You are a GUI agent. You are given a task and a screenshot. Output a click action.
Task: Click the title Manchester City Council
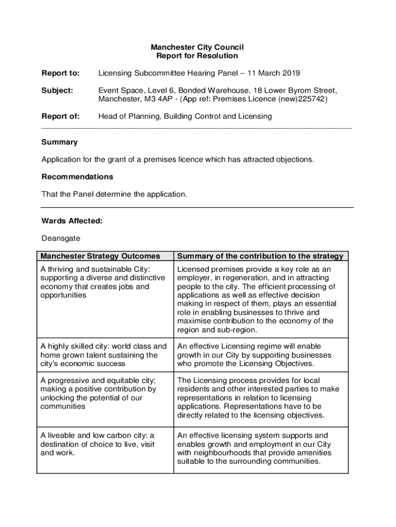click(x=197, y=47)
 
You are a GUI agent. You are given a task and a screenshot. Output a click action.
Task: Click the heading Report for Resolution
click(x=197, y=56)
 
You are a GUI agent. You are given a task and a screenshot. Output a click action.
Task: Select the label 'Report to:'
click(x=61, y=73)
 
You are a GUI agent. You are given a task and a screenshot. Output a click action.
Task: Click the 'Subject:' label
click(x=58, y=91)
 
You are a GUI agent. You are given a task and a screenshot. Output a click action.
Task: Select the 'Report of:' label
click(x=61, y=116)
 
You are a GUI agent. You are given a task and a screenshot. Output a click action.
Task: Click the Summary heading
click(x=60, y=142)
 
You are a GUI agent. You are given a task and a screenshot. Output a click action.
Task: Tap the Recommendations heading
click(x=77, y=177)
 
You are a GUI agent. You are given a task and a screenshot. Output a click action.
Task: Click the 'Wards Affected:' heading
click(x=72, y=221)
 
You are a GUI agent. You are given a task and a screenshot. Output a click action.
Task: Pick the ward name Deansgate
click(x=61, y=238)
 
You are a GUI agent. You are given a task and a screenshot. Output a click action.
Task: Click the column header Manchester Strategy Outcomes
click(x=100, y=256)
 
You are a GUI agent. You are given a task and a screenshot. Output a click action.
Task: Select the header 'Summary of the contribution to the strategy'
click(x=260, y=256)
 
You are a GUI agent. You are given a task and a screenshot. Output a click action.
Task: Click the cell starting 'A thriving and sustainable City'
click(x=103, y=282)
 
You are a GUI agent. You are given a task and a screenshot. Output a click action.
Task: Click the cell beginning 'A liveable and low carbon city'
click(x=98, y=444)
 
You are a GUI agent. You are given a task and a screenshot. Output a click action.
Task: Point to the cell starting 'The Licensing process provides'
click(x=258, y=398)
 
